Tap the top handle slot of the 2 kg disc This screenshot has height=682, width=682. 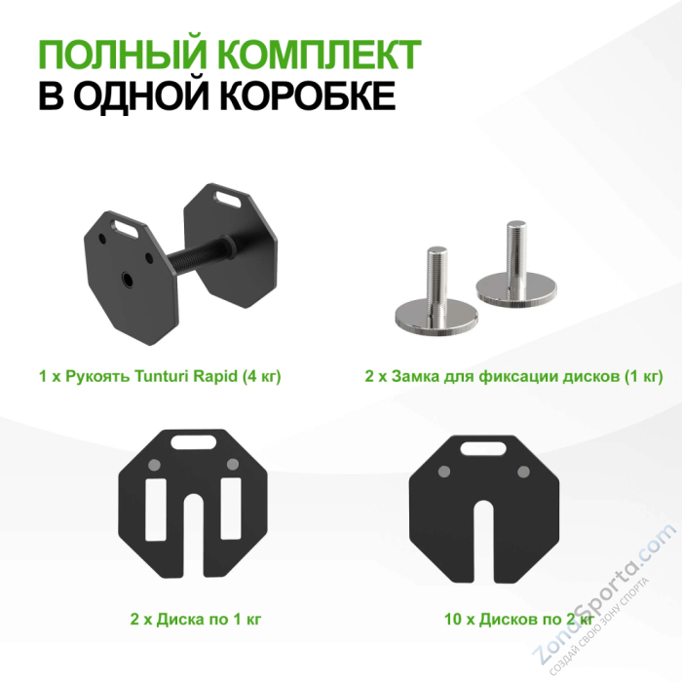(484, 449)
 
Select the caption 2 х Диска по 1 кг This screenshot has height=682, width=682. (195, 618)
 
